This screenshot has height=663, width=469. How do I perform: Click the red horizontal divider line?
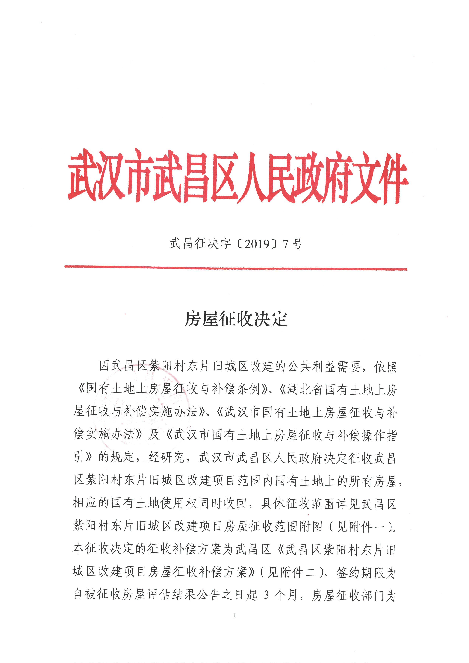pos(235,268)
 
